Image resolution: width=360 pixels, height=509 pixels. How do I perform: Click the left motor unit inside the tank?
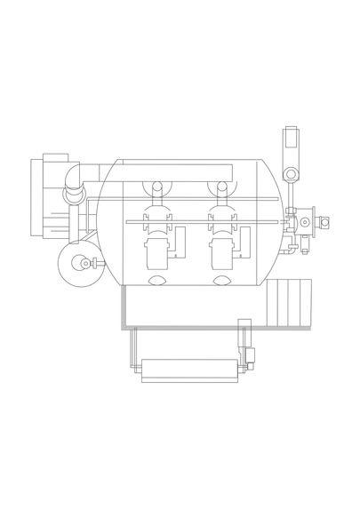click(x=156, y=252)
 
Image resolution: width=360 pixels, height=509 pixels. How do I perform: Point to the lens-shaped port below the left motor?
click(x=156, y=282)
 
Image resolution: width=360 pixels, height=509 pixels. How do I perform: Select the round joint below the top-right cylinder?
click(x=286, y=172)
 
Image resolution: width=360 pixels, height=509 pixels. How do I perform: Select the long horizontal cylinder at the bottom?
click(x=191, y=367)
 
